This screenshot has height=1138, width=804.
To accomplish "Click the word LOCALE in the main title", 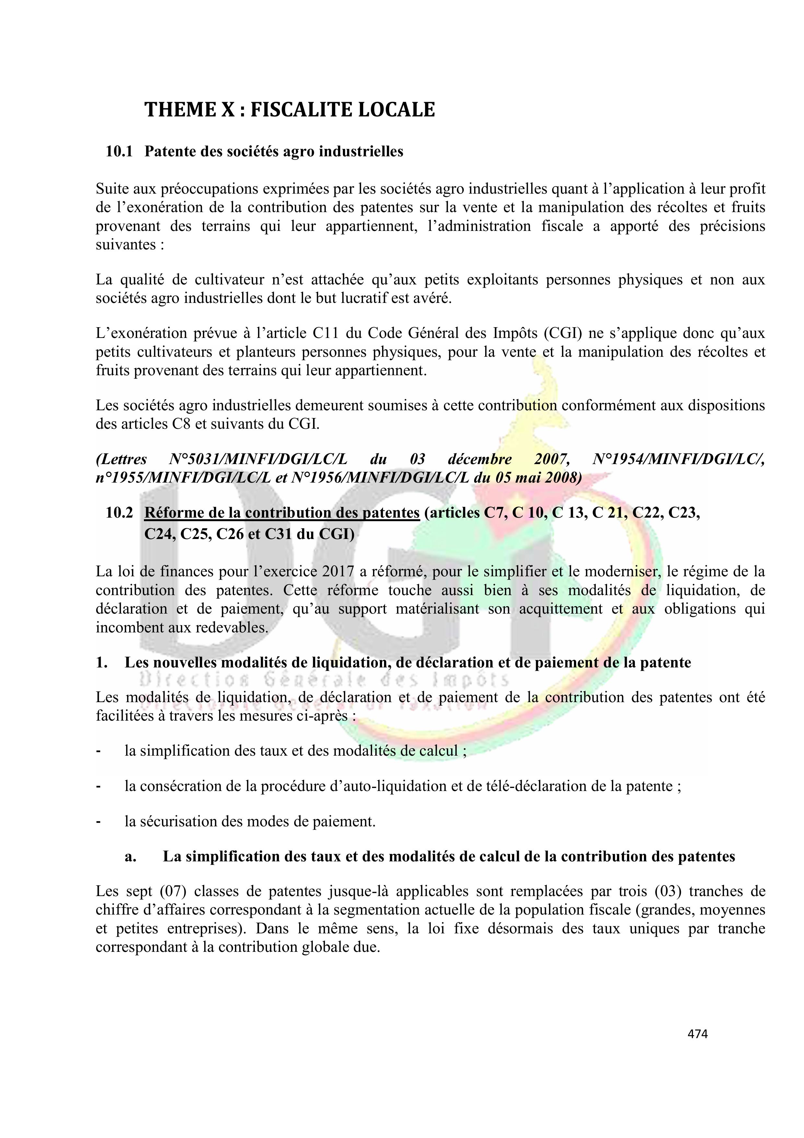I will [x=396, y=110].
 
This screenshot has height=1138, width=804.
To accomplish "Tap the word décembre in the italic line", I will [x=480, y=459].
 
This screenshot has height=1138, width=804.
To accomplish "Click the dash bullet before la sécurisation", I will [x=99, y=822].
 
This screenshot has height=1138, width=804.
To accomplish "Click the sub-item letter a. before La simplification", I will [x=130, y=857].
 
